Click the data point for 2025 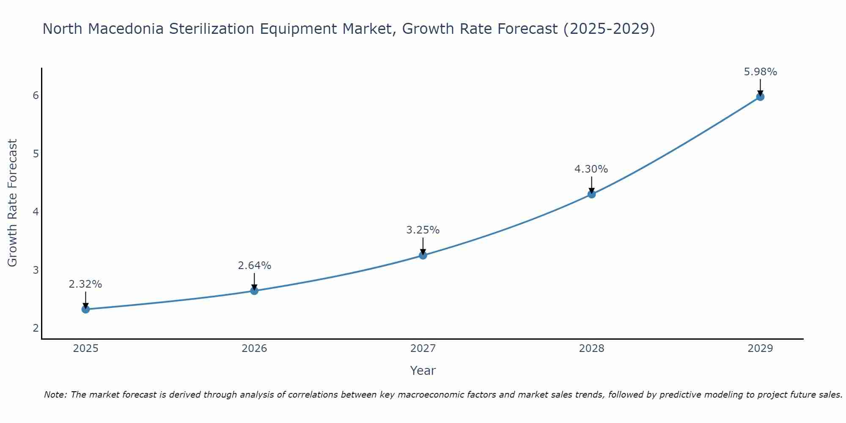click(85, 309)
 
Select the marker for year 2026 click(254, 291)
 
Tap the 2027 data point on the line click(423, 255)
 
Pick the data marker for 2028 click(592, 194)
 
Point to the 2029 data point click(760, 97)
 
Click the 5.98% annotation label click(760, 72)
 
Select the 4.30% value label click(591, 169)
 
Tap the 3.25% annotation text click(423, 230)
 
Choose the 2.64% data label click(254, 266)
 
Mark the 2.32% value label click(85, 284)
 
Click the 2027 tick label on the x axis click(423, 349)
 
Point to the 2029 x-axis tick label click(760, 349)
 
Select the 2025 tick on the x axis click(85, 349)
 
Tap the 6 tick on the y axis click(36, 95)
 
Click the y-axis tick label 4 click(36, 211)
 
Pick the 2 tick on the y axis click(36, 328)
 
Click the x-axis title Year click(423, 371)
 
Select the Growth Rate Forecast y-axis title click(13, 203)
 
